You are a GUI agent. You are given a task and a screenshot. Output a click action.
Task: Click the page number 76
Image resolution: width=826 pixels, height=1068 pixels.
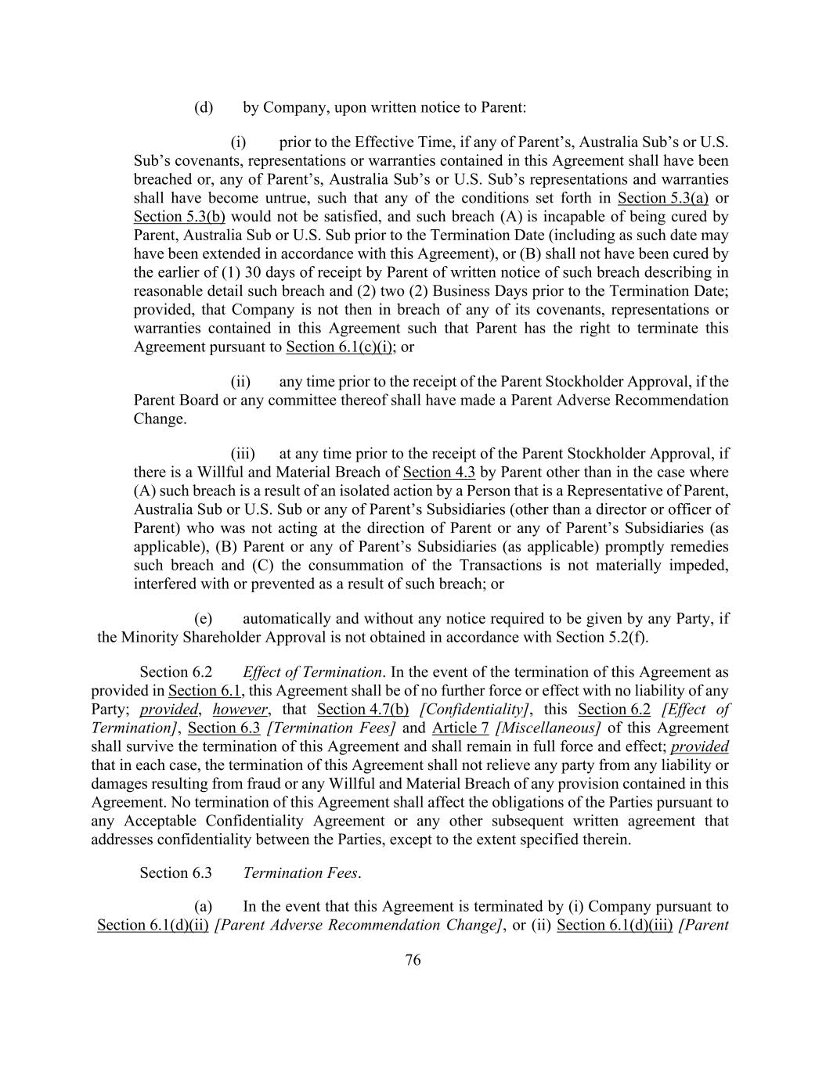[413, 960]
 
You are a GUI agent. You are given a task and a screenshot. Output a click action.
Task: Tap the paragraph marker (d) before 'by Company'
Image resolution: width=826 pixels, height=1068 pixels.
[204, 107]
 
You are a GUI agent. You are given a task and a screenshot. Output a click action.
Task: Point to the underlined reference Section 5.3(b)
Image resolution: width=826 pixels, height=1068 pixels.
[179, 217]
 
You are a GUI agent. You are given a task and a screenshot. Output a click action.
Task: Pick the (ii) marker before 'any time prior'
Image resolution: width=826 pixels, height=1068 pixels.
[240, 382]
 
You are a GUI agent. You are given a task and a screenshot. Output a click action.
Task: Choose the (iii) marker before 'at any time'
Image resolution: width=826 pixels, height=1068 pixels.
[241, 454]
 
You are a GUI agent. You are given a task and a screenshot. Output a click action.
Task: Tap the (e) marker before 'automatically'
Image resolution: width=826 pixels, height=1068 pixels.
[204, 619]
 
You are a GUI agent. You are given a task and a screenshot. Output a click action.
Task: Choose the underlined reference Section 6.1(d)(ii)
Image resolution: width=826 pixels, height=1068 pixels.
[153, 926]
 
